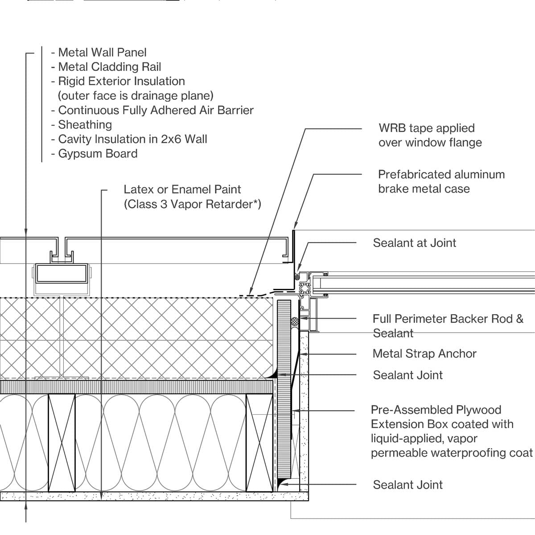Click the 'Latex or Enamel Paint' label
(x=182, y=189)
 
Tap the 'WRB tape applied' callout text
(x=427, y=128)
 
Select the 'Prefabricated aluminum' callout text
(x=441, y=174)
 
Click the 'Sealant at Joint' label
(x=414, y=243)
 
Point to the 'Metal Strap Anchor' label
(x=424, y=354)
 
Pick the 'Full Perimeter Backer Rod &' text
(x=448, y=319)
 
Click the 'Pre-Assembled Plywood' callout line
(x=436, y=410)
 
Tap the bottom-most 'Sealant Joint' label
(x=407, y=485)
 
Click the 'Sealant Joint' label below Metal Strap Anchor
(x=407, y=375)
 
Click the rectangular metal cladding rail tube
(x=61, y=274)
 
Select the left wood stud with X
(x=62, y=442)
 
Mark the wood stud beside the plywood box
(x=259, y=442)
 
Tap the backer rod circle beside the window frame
(x=295, y=321)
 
